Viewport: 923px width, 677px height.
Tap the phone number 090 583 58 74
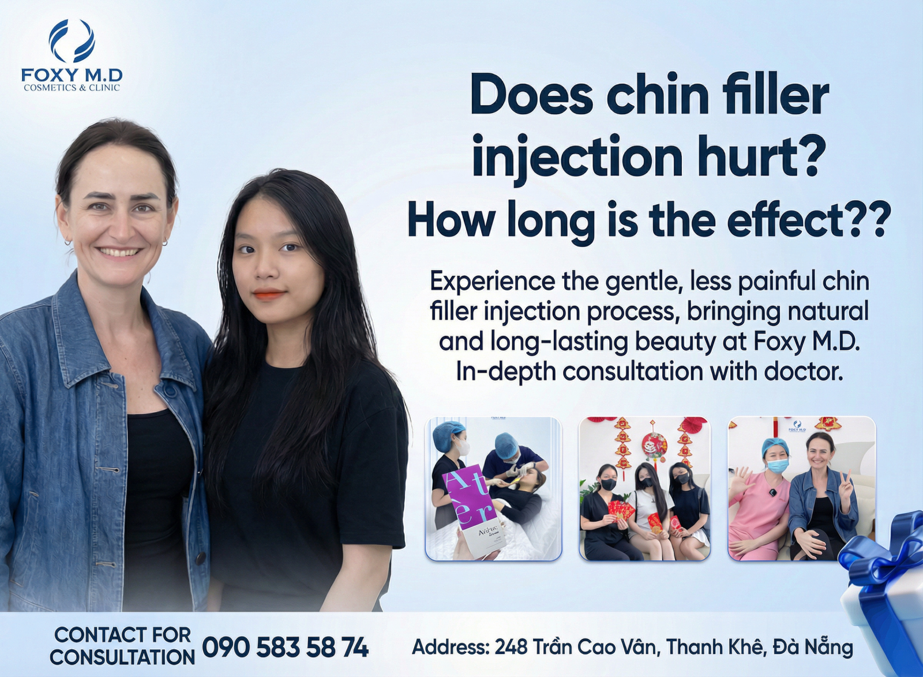285,648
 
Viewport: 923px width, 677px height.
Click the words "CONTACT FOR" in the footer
123,634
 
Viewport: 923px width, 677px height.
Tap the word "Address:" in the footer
452,648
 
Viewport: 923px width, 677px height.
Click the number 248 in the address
511,648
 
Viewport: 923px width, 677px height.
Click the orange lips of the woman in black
269,294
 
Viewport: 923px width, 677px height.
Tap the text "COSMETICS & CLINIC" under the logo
72,88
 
